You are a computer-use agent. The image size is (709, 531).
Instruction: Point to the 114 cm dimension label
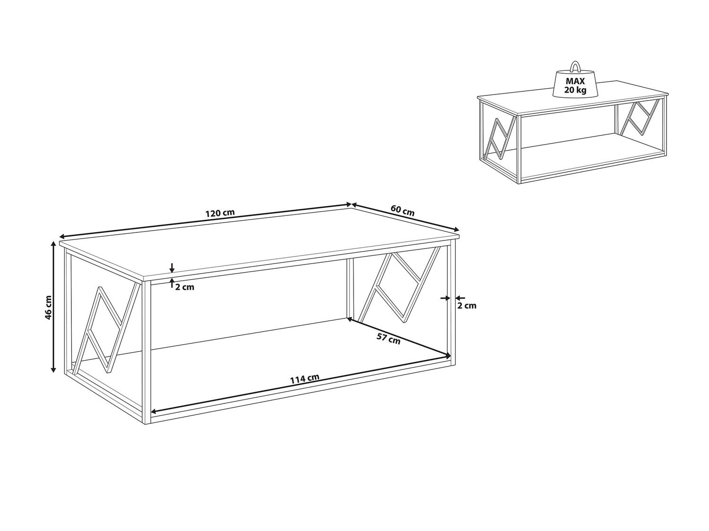pyautogui.click(x=304, y=378)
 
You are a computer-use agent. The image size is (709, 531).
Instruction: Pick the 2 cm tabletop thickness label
pyautogui.click(x=185, y=287)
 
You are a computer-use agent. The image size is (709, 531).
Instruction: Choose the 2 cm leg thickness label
pyautogui.click(x=467, y=305)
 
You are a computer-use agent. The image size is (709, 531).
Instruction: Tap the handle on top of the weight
pyautogui.click(x=575, y=67)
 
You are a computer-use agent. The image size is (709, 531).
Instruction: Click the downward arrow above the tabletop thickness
pyautogui.click(x=172, y=267)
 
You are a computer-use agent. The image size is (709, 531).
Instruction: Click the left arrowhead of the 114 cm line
pyautogui.click(x=154, y=411)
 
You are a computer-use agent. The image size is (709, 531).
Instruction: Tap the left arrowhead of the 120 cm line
pyautogui.click(x=62, y=236)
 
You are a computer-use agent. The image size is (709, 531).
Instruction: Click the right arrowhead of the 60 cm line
pyautogui.click(x=456, y=229)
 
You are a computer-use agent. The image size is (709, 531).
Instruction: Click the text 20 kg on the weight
pyautogui.click(x=575, y=90)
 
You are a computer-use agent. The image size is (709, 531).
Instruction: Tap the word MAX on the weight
pyautogui.click(x=575, y=82)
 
